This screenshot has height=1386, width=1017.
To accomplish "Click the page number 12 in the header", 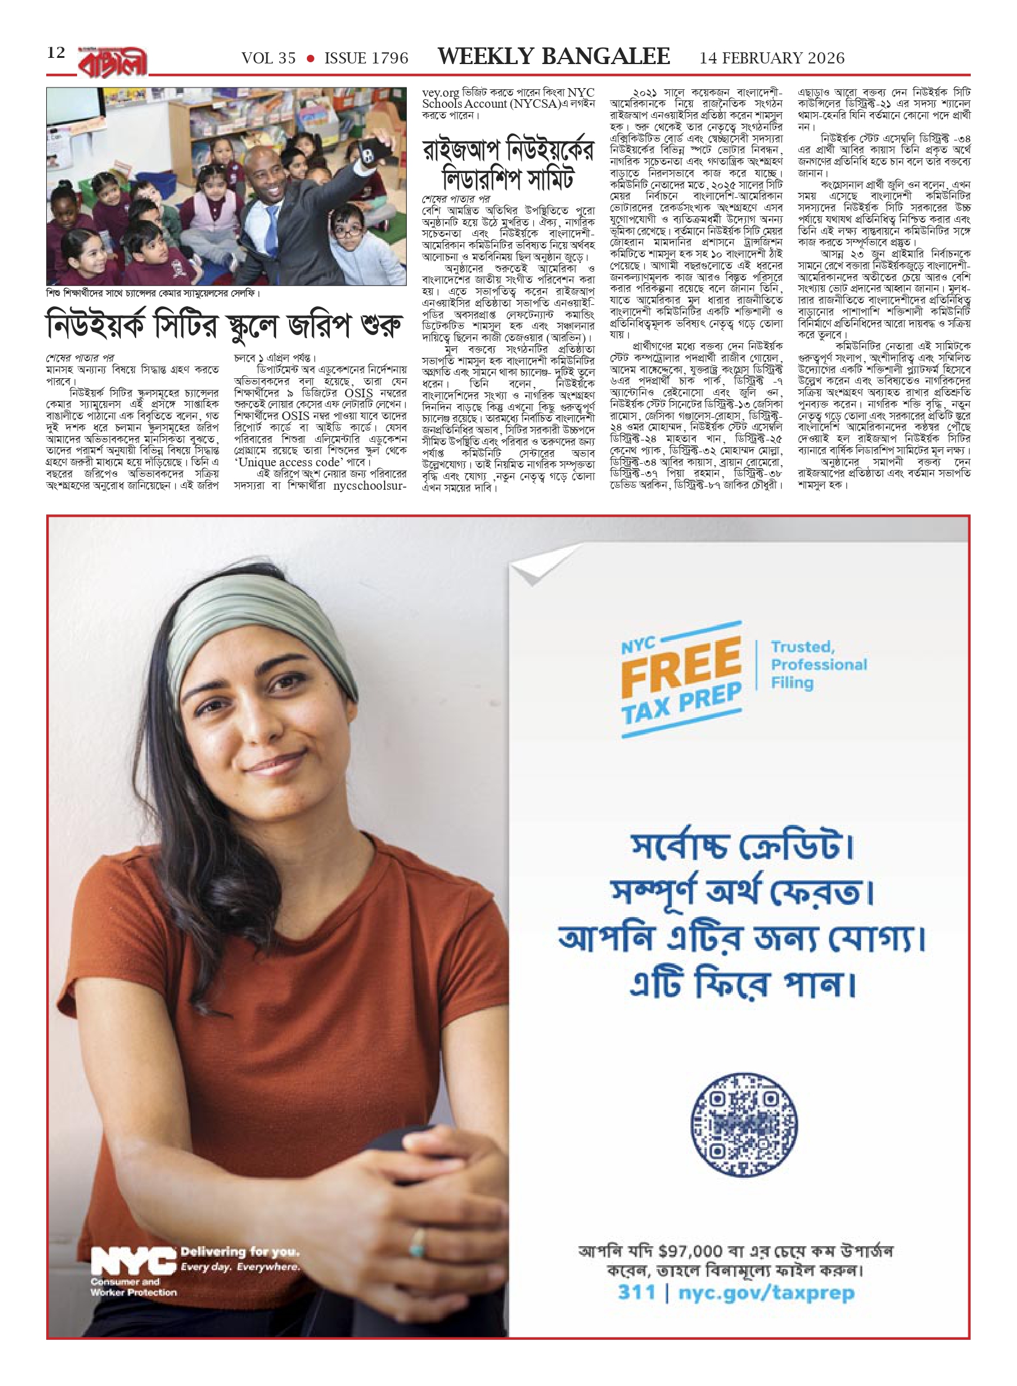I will click(x=56, y=53).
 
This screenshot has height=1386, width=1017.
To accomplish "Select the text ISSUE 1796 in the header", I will click(x=366, y=59).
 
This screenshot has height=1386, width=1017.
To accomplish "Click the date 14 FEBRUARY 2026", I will click(x=772, y=59).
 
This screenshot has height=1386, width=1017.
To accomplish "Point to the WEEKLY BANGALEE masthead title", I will click(x=553, y=57).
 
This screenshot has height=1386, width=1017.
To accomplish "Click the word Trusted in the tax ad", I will click(x=803, y=647).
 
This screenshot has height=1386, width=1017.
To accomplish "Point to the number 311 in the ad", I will click(x=636, y=1292).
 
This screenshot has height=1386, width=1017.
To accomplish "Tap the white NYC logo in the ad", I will click(x=132, y=1262).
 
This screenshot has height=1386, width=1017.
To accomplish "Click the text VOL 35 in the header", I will click(x=268, y=59).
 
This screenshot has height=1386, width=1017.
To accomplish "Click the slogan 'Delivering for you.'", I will click(x=240, y=1252).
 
